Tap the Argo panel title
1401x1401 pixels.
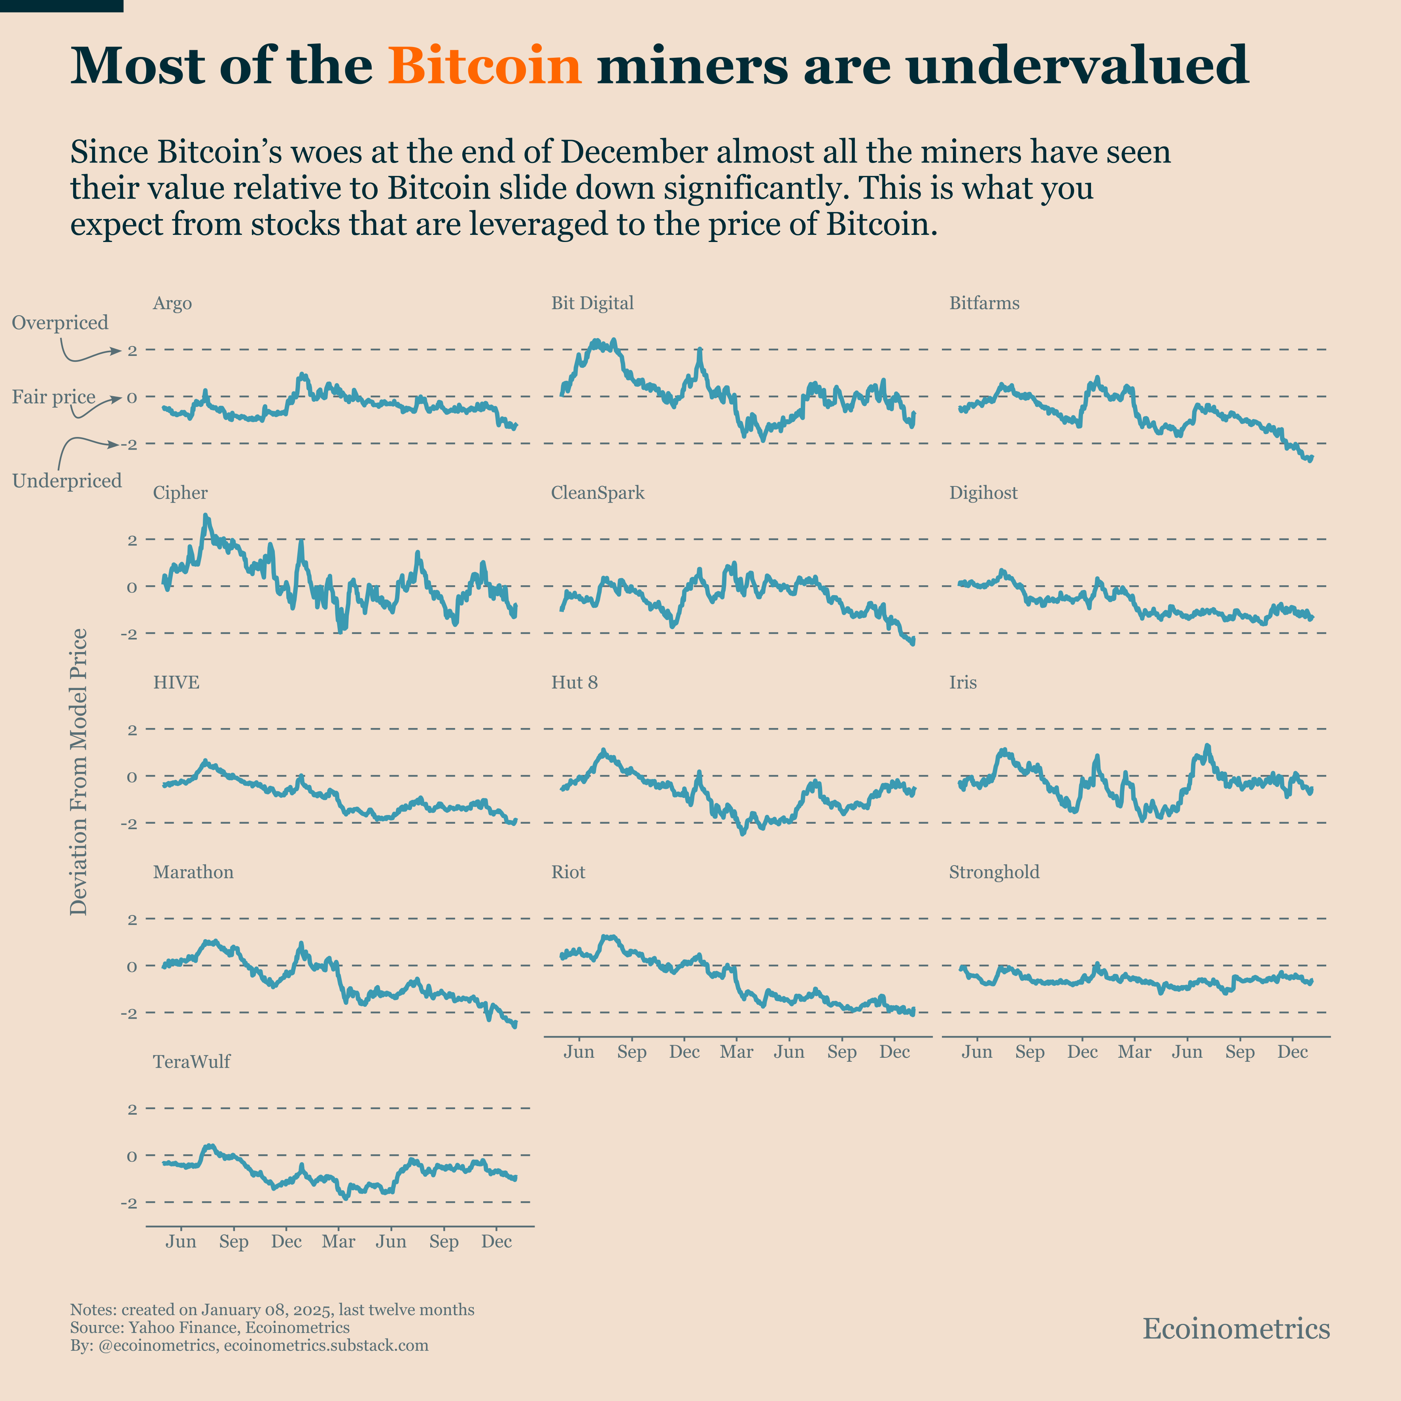click(172, 303)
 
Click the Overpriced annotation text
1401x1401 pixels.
click(60, 323)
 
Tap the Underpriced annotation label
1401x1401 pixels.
click(67, 481)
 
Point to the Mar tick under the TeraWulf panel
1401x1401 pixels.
click(338, 1242)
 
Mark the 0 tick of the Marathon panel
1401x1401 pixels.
click(132, 967)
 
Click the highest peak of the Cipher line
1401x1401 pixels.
click(206, 516)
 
